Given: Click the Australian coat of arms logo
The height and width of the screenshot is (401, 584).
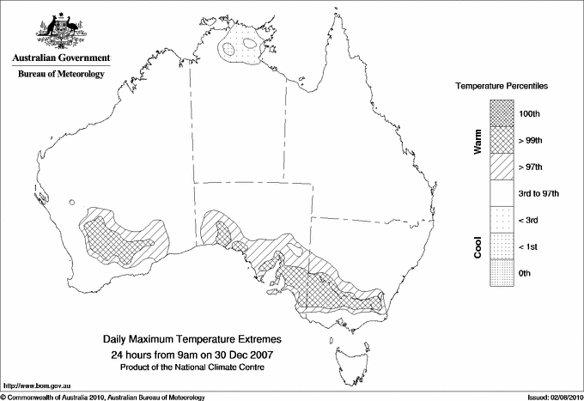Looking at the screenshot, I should pos(61,32).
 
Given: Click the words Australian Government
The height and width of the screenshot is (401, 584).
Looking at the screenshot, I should pos(61,58).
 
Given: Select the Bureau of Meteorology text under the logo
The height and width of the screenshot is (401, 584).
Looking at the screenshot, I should pos(61,75).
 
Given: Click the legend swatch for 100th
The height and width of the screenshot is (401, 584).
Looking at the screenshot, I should pos(502,112).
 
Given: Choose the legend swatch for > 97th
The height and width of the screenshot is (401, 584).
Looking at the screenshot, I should pos(502,166).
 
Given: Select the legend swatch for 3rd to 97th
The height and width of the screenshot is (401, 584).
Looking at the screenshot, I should pos(502,193).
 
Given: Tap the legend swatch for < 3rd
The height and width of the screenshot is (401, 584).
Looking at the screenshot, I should pos(502,220).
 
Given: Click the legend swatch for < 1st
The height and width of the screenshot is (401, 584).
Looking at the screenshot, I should pos(502,246).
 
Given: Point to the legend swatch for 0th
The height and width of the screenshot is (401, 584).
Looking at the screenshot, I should pos(502,273).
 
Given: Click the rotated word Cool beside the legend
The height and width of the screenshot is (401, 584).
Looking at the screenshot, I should pos(478,246).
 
